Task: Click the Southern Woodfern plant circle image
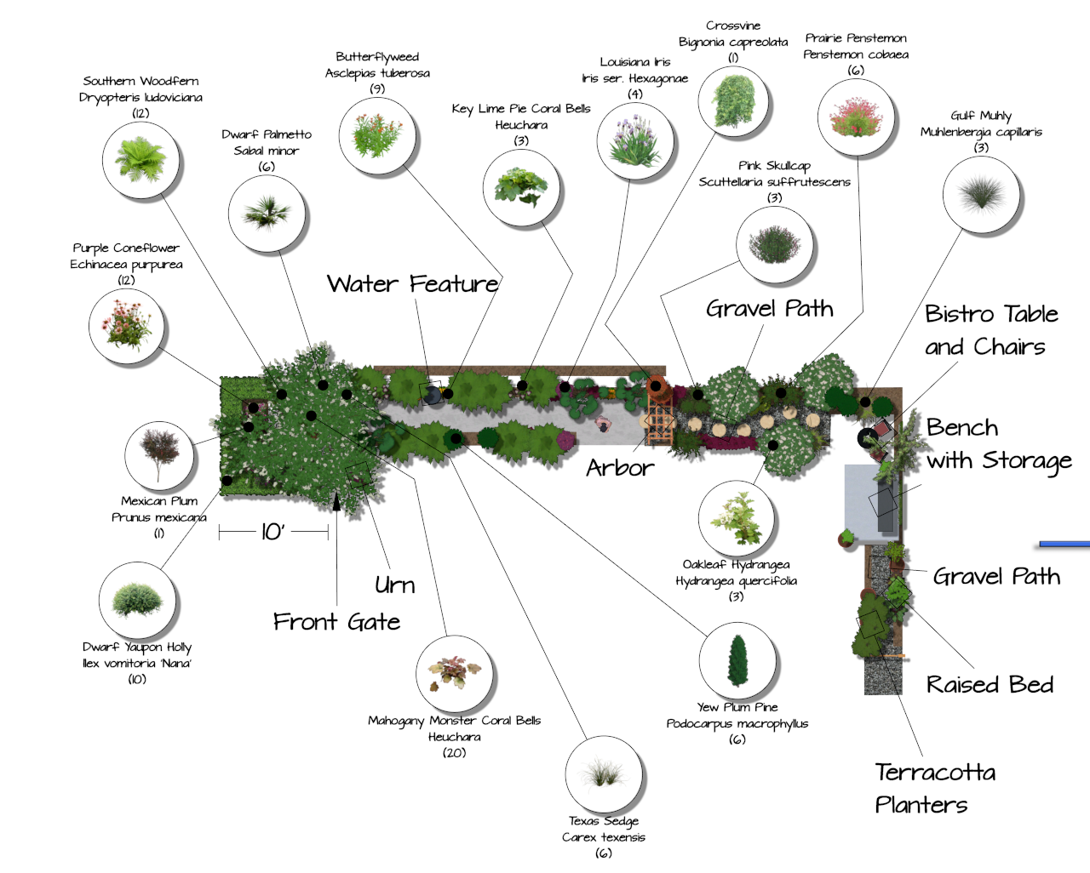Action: pos(141,160)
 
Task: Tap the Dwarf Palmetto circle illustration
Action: pos(267,213)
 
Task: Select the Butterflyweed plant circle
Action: pos(376,135)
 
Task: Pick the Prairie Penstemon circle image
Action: pos(856,117)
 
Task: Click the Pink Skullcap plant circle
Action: pos(774,245)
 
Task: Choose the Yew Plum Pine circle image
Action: pos(737,661)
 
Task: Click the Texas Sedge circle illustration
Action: pos(604,774)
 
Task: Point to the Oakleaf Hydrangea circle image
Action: pos(737,518)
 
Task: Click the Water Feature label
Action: pos(413,284)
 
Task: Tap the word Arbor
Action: pos(620,468)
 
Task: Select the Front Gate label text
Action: pos(336,622)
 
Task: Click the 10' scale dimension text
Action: pos(272,533)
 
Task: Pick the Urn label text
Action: pos(395,585)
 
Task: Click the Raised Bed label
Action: pos(990,685)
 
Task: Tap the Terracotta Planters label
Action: pos(934,788)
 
